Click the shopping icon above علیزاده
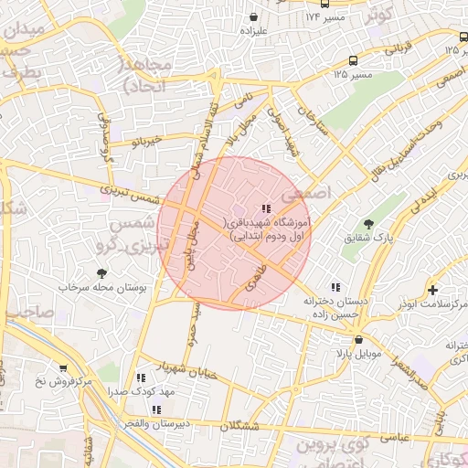pyautogui.click(x=252, y=16)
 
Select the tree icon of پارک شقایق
pyautogui.click(x=368, y=224)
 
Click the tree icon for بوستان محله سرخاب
pyautogui.click(x=101, y=272)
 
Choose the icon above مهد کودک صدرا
pyautogui.click(x=141, y=377)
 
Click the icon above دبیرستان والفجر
pyautogui.click(x=156, y=409)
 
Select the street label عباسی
pyautogui.click(x=392, y=437)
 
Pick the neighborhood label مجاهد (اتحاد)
pyautogui.click(x=148, y=73)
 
